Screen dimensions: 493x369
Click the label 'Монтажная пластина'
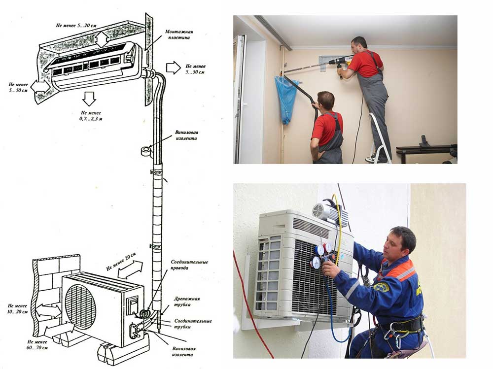click(x=179, y=34)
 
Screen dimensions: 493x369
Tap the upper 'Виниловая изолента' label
click(x=186, y=135)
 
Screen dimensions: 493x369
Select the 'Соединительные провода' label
click(x=189, y=265)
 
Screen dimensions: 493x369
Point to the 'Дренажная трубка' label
click(x=187, y=302)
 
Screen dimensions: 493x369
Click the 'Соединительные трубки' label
click(x=193, y=324)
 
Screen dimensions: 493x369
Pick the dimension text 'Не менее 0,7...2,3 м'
click(x=91, y=116)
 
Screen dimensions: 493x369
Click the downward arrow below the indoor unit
click(x=89, y=99)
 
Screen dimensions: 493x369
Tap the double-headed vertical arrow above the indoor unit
click(x=102, y=39)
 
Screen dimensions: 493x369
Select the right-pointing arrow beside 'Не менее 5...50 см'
click(x=173, y=67)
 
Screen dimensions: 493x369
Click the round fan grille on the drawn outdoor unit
click(x=80, y=305)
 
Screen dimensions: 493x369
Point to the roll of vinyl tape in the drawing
click(x=146, y=151)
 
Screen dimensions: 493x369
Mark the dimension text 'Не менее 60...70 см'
click(x=37, y=344)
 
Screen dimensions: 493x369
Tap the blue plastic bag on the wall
click(x=286, y=100)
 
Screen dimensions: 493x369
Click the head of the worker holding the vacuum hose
click(x=326, y=101)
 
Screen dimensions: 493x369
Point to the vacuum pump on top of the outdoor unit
click(x=330, y=212)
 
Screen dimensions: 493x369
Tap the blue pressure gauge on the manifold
click(x=316, y=263)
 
